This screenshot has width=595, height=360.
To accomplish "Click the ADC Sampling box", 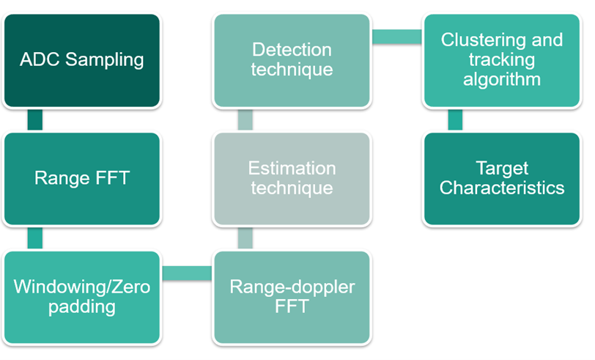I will tap(81, 60).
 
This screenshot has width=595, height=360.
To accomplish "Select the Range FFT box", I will tap(81, 178).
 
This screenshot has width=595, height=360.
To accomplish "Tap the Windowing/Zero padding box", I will tap(81, 296).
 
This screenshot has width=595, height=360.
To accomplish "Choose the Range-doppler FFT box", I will tap(291, 296).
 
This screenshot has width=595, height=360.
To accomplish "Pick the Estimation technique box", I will tap(291, 178).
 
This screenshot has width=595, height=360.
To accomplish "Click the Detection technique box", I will tap(291, 60).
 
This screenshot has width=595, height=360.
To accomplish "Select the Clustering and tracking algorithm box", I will tap(501, 60).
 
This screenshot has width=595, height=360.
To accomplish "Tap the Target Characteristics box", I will tap(501, 178).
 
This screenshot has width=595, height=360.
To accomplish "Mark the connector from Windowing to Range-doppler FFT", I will tap(186, 273).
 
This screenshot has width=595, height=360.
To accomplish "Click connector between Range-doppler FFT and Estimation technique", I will tap(245, 238).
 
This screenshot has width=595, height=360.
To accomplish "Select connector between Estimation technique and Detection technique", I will tap(245, 120).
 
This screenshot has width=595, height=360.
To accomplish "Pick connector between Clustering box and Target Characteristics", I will tap(455, 120).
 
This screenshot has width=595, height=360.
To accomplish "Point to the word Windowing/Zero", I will tap(81, 287).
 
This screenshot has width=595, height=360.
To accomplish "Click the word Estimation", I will tap(291, 169).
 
